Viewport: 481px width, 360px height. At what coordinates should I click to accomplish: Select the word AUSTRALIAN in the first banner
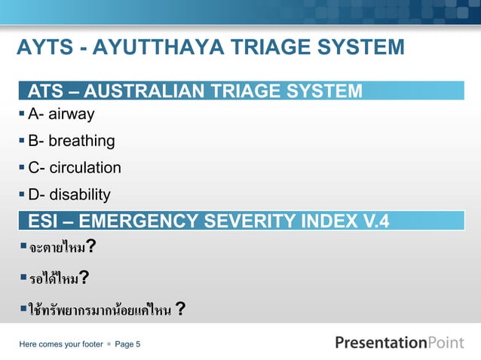pos(152,93)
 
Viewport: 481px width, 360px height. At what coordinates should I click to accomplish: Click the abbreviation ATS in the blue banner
pos(44,93)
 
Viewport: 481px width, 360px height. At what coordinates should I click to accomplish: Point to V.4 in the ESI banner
pos(374,221)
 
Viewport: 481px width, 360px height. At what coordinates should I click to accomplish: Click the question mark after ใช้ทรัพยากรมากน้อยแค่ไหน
pos(181,310)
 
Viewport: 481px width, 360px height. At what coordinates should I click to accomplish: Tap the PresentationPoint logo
pos(399,343)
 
